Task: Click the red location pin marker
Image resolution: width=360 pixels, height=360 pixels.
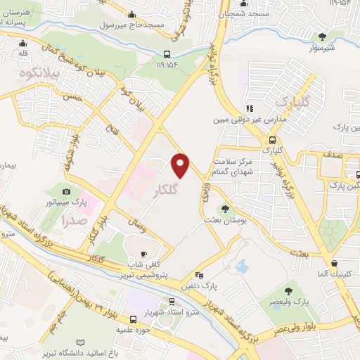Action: click(x=181, y=165)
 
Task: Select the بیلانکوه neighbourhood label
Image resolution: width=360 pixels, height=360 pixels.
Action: click(x=41, y=71)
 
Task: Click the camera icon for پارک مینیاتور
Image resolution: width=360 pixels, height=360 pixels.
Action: click(x=67, y=191)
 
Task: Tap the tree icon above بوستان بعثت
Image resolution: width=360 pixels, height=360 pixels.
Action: click(x=226, y=208)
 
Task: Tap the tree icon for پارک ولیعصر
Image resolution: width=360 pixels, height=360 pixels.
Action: click(x=288, y=290)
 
